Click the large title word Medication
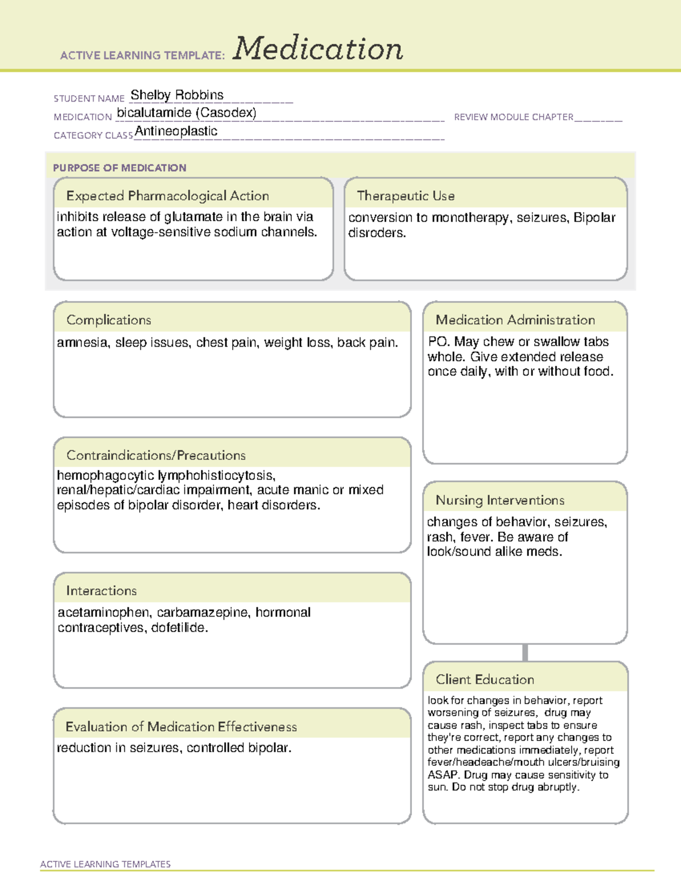tap(318, 49)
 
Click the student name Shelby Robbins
tap(177, 95)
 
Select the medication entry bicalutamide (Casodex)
tap(186, 113)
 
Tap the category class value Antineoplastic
tap(176, 131)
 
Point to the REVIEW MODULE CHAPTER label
tap(514, 117)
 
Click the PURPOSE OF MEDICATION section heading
tap(119, 168)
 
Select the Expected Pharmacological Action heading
tap(167, 196)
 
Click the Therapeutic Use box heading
tap(405, 196)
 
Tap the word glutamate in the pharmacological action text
tap(193, 217)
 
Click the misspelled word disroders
tap(377, 233)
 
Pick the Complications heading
tap(108, 320)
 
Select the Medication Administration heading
tap(515, 320)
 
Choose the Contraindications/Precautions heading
tap(155, 455)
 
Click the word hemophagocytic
tap(105, 475)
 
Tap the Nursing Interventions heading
tap(499, 500)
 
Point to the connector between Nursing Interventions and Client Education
tap(525, 652)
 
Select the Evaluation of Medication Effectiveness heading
tap(181, 727)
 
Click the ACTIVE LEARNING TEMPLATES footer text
tap(105, 864)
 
